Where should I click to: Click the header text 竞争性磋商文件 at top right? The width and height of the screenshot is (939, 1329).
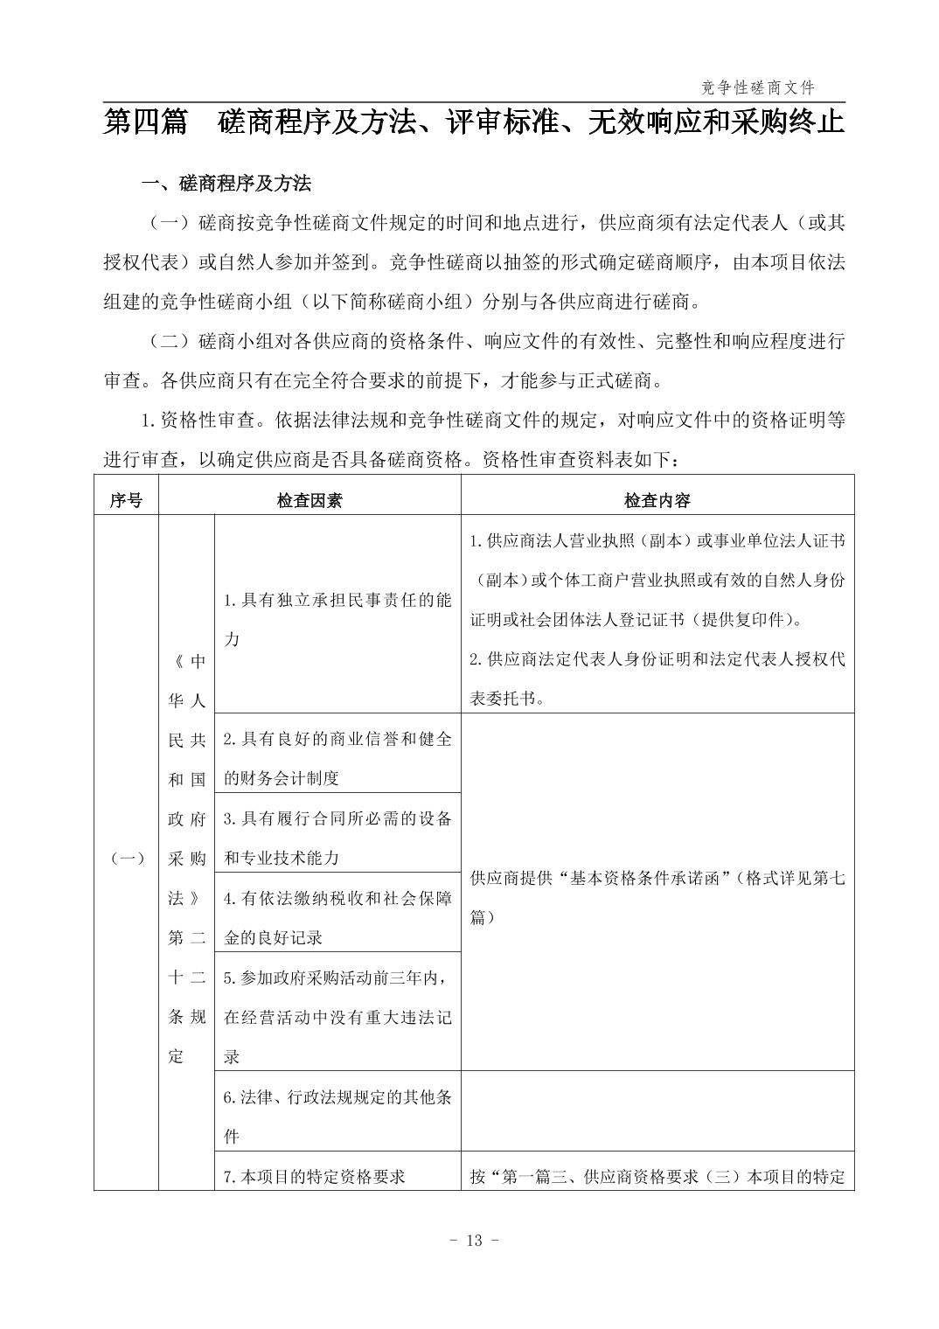757,87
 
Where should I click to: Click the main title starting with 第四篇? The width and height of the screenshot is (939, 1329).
474,122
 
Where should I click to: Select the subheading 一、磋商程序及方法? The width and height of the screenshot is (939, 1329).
226,184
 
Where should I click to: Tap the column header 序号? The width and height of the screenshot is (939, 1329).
126,500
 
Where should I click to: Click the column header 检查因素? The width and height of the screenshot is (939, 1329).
310,500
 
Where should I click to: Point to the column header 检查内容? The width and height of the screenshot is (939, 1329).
657,500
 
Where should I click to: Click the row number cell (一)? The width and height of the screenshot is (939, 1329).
128,859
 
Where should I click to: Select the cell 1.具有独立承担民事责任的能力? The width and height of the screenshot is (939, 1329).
337,619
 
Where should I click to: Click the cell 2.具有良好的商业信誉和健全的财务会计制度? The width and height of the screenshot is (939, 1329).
337,758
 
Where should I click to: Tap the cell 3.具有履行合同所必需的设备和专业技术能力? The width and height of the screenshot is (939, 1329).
337,838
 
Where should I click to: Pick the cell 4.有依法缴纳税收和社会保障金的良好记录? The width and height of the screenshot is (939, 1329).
337,917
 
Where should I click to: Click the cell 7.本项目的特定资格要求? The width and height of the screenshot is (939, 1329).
315,1177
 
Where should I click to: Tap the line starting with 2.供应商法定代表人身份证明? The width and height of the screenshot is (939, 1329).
657,659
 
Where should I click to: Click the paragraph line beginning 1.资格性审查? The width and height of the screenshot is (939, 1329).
493,421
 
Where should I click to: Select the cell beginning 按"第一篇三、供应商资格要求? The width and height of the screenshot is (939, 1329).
657,1177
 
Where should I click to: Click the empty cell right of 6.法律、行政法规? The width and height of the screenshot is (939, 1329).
657,1111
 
